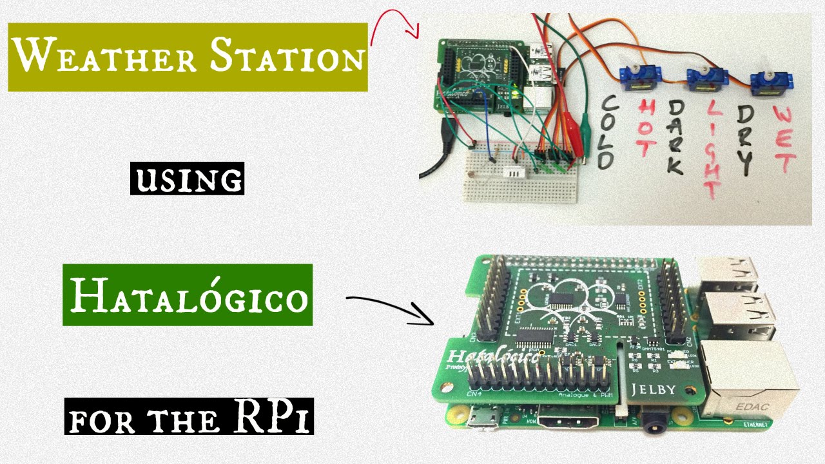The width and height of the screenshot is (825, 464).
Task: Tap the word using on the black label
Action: (x=188, y=179)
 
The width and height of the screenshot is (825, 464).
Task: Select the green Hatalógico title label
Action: (x=188, y=297)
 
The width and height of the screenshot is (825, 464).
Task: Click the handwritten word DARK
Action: (x=674, y=137)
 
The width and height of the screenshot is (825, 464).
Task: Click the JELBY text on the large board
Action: (x=654, y=389)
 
